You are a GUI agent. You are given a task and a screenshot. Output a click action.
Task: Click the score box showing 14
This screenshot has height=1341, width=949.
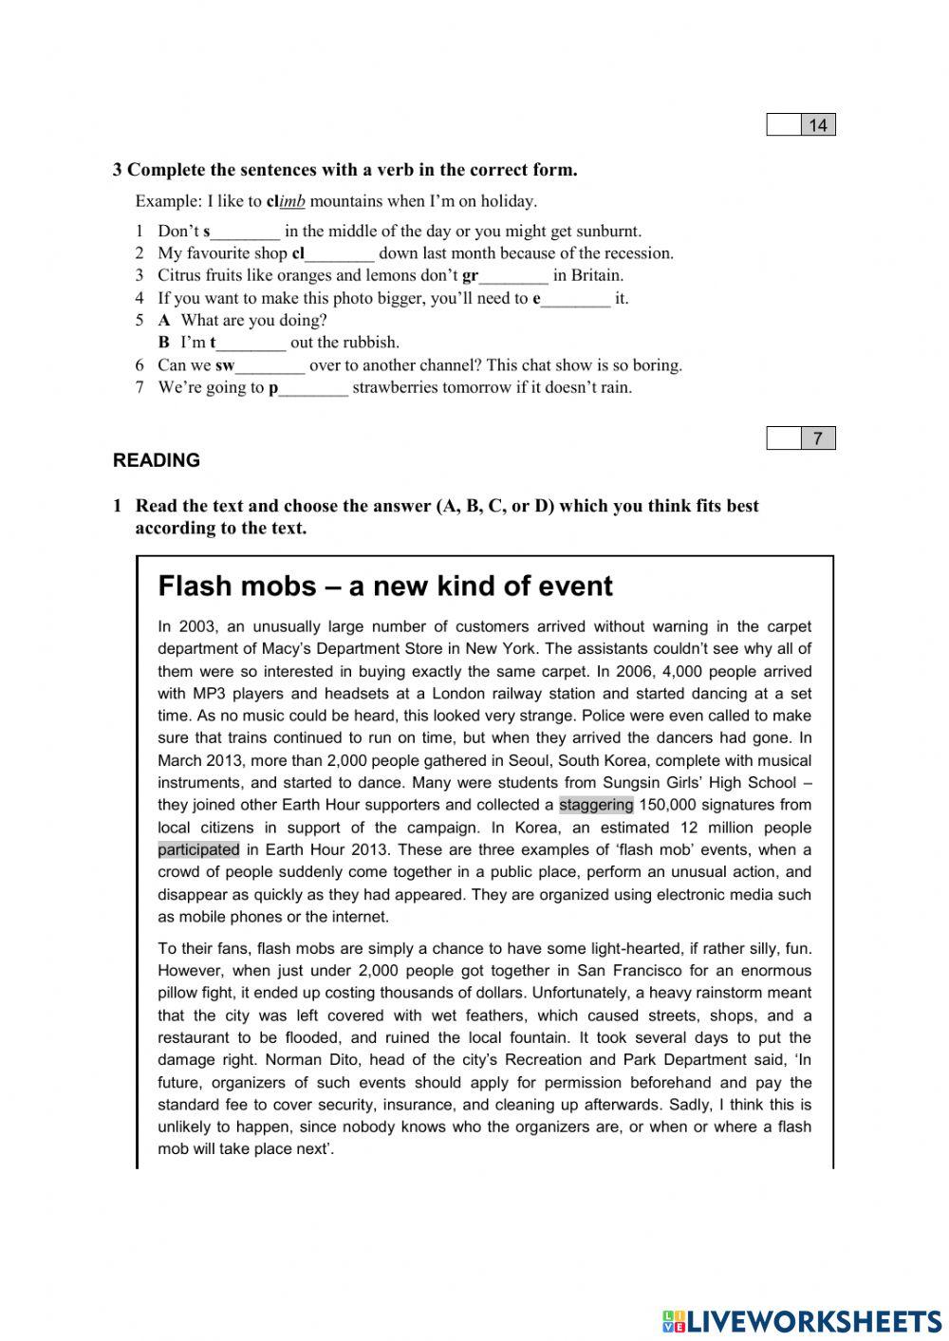[801, 124]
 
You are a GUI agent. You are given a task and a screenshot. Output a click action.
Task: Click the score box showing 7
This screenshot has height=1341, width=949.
[801, 438]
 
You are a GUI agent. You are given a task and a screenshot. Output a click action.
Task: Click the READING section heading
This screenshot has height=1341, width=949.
[157, 460]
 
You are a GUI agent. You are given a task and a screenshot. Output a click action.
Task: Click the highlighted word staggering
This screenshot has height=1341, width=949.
[596, 805]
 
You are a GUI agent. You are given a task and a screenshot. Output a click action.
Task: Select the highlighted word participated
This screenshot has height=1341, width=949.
[198, 849]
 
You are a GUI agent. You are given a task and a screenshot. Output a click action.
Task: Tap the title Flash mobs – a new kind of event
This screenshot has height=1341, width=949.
[385, 586]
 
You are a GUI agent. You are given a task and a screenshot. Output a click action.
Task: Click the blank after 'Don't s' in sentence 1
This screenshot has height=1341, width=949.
[246, 232]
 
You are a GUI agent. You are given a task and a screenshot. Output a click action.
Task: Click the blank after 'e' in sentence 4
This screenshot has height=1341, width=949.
[575, 299]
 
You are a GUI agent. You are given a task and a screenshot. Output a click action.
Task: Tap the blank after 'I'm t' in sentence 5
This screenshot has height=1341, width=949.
[251, 344]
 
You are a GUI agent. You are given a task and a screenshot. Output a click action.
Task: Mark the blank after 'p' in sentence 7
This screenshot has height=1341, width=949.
[313, 388]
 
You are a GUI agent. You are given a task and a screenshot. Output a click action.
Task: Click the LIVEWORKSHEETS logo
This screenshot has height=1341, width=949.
[802, 1320]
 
